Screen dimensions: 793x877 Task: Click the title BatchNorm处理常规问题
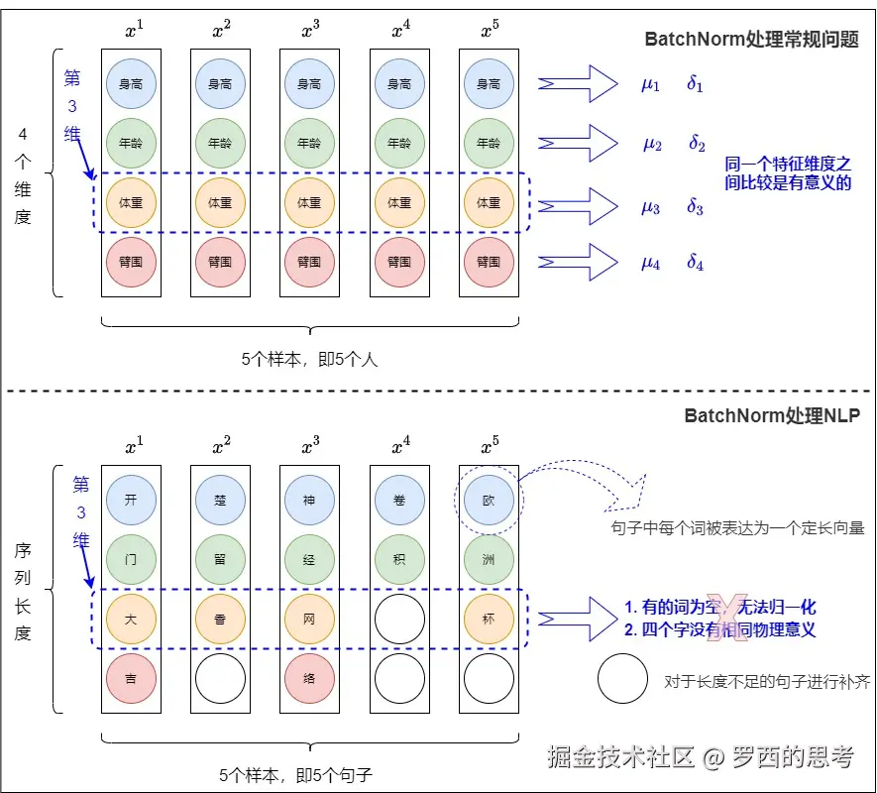[752, 40]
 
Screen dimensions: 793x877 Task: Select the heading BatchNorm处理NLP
[772, 415]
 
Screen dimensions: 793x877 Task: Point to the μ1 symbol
[650, 84]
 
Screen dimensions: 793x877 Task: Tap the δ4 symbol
[696, 263]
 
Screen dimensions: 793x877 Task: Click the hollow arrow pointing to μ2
[578, 142]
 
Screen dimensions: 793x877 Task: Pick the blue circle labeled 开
[131, 500]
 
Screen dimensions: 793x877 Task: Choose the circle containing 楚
[220, 500]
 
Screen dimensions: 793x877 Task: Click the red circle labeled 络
[309, 679]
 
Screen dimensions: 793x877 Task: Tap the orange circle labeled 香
[220, 619]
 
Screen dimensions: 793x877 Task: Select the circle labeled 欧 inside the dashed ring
[489, 500]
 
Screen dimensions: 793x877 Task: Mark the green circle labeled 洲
[489, 559]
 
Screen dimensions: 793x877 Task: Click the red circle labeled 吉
[131, 679]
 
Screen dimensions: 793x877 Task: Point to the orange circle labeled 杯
[489, 619]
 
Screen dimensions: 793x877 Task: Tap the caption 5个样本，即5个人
[309, 360]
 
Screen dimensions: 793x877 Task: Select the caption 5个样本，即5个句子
[309, 772]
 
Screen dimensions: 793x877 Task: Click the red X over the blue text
[731, 616]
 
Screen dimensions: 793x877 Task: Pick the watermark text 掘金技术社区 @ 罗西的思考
[701, 757]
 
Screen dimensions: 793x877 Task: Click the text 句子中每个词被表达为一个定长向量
[737, 528]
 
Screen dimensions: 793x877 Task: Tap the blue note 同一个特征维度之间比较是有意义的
[788, 172]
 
